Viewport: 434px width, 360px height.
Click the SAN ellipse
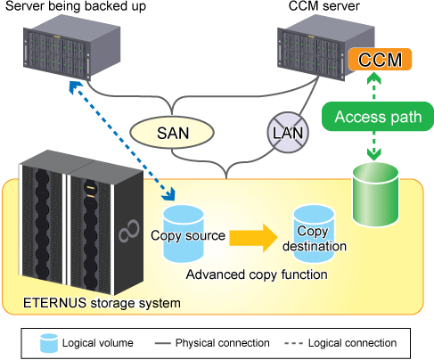(172, 132)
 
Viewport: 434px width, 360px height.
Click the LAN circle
(288, 133)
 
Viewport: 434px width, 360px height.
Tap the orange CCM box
(380, 60)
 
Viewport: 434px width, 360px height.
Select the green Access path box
(378, 117)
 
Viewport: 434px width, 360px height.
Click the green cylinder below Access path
(375, 194)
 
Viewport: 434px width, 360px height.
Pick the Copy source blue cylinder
(184, 234)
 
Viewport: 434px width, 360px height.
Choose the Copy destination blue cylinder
(314, 234)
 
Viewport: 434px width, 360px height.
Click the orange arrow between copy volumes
(253, 238)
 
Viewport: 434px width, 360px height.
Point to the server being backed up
(72, 47)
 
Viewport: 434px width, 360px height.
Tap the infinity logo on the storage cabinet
(129, 231)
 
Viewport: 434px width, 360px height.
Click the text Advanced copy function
(257, 274)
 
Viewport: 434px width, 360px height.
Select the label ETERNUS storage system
(102, 303)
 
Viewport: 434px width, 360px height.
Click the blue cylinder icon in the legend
(49, 343)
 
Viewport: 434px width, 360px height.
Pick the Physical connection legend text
(223, 343)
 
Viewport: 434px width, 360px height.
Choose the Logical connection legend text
(352, 343)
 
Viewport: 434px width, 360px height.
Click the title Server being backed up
(76, 6)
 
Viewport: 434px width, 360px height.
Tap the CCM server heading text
(324, 6)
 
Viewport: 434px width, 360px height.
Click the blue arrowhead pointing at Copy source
(168, 195)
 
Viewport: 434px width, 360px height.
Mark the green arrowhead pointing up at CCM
(374, 78)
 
